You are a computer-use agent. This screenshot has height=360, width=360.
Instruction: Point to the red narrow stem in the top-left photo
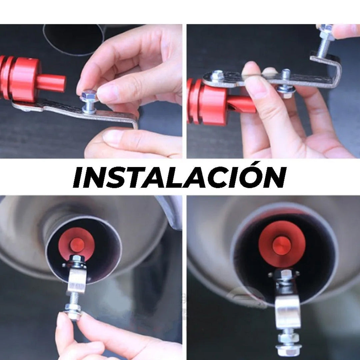pos(51,83)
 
